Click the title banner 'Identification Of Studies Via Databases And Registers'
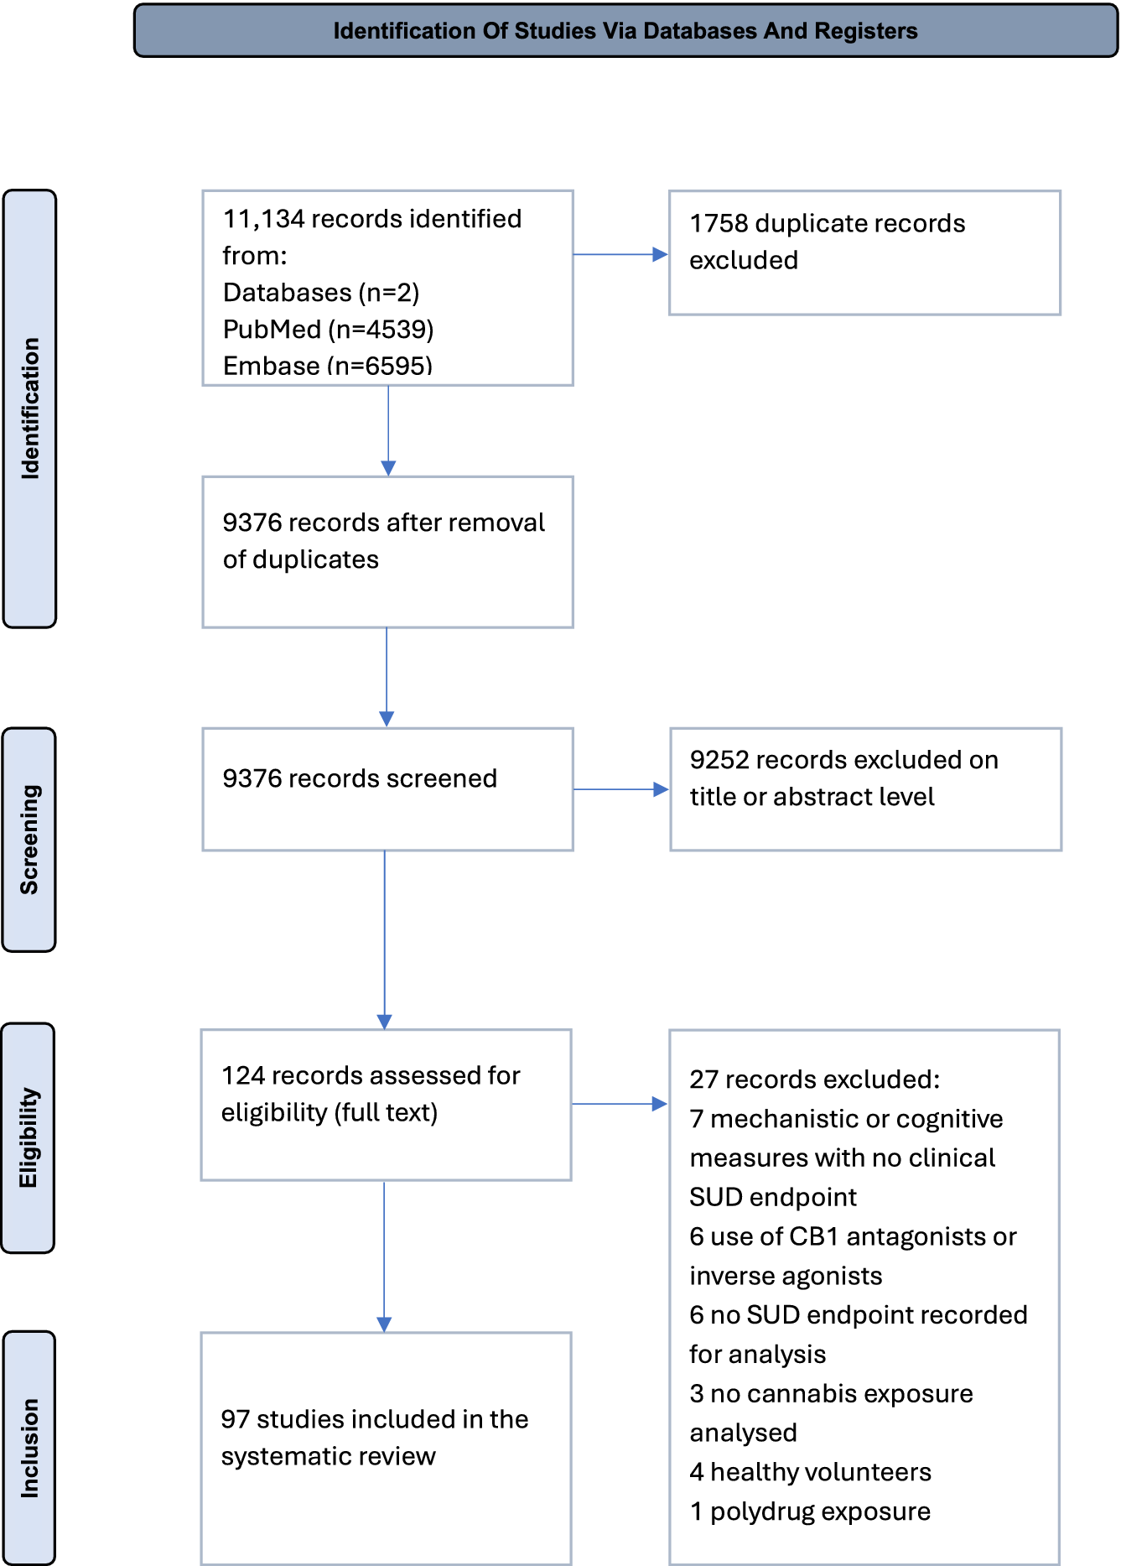[x=625, y=31]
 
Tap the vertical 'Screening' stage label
[x=29, y=840]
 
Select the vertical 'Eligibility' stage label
[x=29, y=1137]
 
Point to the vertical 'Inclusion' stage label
[x=29, y=1448]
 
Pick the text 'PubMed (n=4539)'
[x=328, y=329]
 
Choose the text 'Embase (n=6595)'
[x=328, y=366]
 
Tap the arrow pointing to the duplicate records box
[x=620, y=254]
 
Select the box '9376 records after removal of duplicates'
[x=387, y=552]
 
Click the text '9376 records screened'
[x=360, y=778]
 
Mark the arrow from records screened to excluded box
[x=621, y=789]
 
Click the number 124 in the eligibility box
[x=242, y=1075]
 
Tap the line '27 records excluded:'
[x=815, y=1080]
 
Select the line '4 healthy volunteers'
[x=811, y=1472]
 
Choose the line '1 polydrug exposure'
[x=810, y=1511]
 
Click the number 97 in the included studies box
[x=235, y=1419]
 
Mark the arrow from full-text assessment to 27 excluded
[x=620, y=1104]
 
